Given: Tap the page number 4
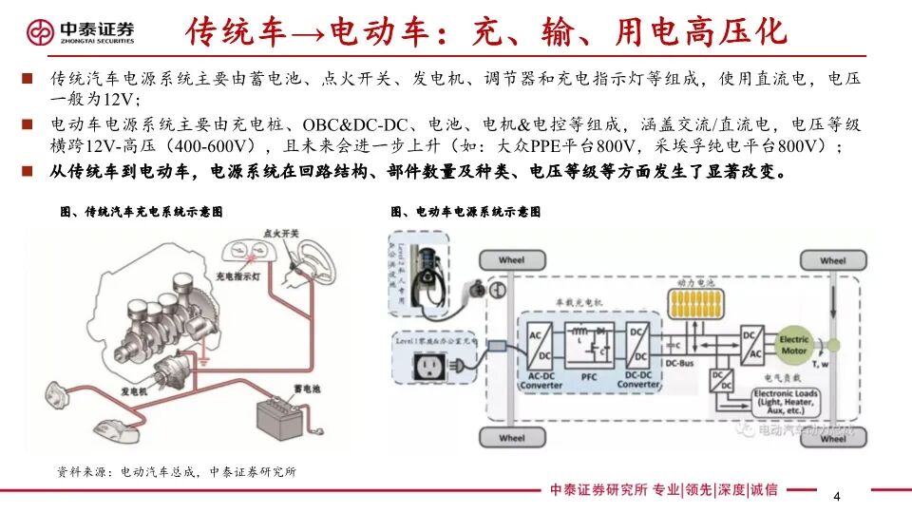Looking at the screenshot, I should click(x=836, y=497).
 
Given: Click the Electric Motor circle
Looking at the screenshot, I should click(x=794, y=345).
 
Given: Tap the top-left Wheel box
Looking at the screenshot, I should click(x=511, y=260).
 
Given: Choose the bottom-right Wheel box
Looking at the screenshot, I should click(x=832, y=438).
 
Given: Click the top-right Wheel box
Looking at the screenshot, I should click(x=832, y=260).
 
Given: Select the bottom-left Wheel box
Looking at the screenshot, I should click(x=511, y=438).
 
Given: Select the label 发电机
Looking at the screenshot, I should click(x=133, y=389).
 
